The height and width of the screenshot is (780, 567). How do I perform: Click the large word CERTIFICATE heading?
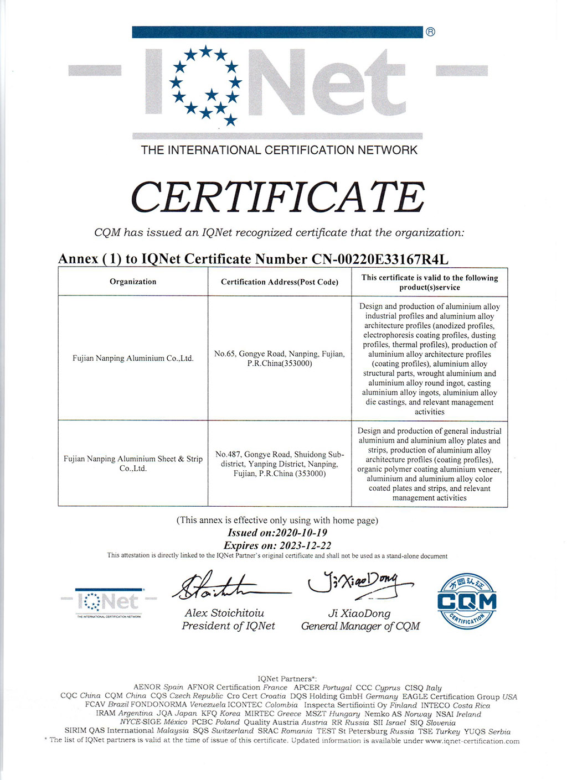pyautogui.click(x=278, y=197)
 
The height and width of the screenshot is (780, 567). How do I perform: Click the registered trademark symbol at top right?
pyautogui.click(x=430, y=32)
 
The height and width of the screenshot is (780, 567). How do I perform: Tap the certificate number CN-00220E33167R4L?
pyautogui.click(x=380, y=259)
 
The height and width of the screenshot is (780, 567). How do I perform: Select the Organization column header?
pyautogui.click(x=133, y=282)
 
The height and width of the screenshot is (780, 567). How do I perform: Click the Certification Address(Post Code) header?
pyautogui.click(x=279, y=282)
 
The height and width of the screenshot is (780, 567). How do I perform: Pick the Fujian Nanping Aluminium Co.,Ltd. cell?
pyautogui.click(x=133, y=358)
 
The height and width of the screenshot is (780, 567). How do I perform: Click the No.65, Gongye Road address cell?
pyautogui.click(x=279, y=358)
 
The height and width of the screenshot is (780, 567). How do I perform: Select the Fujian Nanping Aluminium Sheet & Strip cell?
pyautogui.click(x=133, y=463)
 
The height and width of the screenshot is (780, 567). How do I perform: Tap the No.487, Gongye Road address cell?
pyautogui.click(x=279, y=464)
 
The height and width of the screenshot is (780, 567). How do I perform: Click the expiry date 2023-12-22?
pyautogui.click(x=306, y=545)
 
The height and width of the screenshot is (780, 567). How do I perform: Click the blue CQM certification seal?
pyautogui.click(x=467, y=601)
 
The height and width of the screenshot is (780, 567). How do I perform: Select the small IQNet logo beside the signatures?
pyautogui.click(x=109, y=602)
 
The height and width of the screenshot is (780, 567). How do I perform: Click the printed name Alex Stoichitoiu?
pyautogui.click(x=224, y=613)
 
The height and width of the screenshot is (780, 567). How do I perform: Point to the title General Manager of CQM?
pyautogui.click(x=360, y=626)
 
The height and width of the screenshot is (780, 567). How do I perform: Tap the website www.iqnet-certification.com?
pyautogui.click(x=472, y=741)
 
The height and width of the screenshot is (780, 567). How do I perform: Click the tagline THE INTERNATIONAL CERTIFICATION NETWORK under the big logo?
pyautogui.click(x=279, y=150)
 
